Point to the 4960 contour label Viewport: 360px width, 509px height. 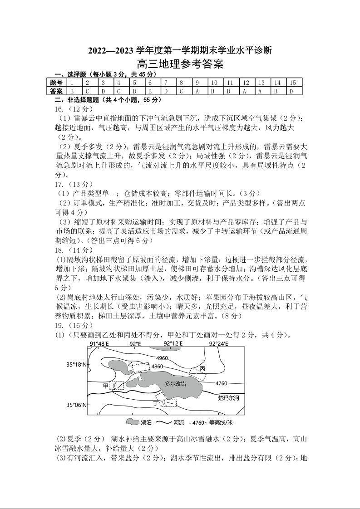tap(162, 358)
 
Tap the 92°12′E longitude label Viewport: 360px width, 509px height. tap(173, 344)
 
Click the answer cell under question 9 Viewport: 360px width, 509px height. tap(197, 91)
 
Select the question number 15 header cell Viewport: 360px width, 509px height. tap(293, 83)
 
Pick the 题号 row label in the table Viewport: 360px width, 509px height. tap(57, 83)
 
